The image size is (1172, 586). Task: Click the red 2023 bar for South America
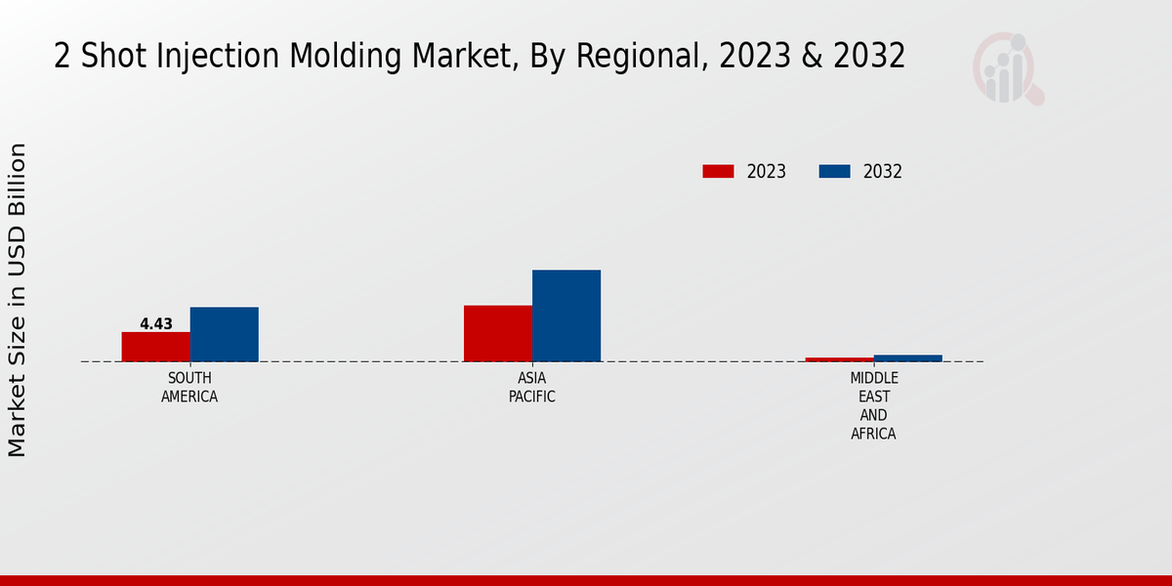click(x=156, y=347)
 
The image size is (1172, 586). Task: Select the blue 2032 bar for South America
click(x=225, y=334)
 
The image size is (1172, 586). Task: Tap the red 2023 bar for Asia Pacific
click(x=498, y=333)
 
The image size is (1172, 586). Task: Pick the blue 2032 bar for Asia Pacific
click(x=566, y=315)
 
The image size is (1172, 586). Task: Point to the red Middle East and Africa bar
click(x=840, y=359)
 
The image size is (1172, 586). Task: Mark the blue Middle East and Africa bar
click(x=908, y=358)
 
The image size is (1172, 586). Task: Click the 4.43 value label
click(x=156, y=324)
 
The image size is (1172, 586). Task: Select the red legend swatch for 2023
click(x=718, y=172)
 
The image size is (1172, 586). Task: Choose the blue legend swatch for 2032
click(x=834, y=172)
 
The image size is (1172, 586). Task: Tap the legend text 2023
click(x=767, y=172)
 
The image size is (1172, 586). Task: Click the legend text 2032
click(x=883, y=172)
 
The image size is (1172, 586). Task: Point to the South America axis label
click(x=189, y=388)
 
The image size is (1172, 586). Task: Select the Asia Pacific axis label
click(x=532, y=388)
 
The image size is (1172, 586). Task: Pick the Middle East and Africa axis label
click(x=873, y=406)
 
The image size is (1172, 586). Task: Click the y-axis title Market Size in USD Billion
click(x=18, y=299)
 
